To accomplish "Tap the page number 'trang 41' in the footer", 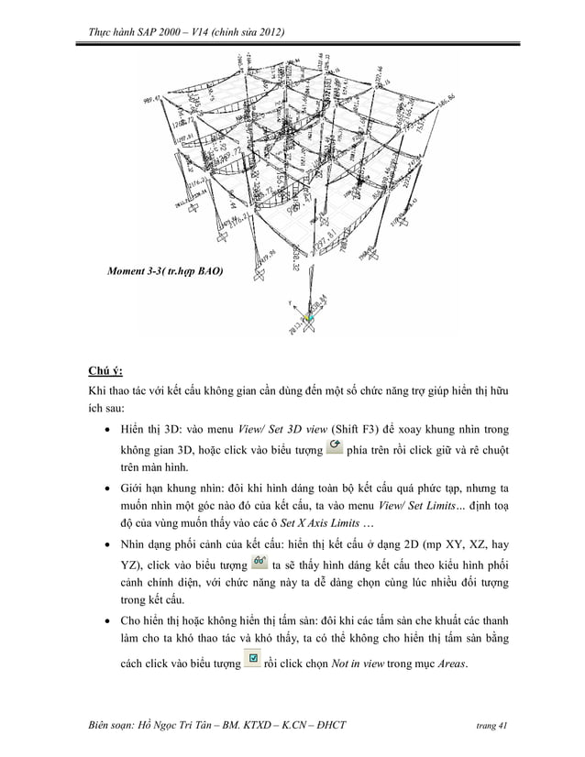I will (491, 726).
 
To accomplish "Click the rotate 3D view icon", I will (334, 446).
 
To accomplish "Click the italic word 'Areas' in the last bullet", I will (448, 664).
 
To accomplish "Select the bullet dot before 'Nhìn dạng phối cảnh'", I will (110, 543).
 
